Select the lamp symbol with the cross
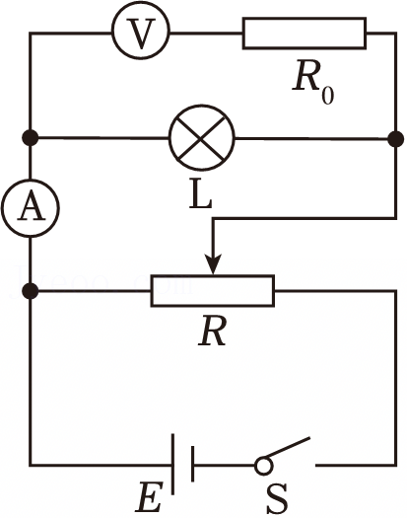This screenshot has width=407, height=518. [202, 138]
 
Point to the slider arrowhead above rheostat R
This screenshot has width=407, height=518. [213, 264]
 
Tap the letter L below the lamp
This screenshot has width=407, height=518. [200, 195]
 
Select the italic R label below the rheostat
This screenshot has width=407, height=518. [212, 331]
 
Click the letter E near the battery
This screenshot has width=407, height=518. [150, 497]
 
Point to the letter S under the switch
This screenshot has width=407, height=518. [277, 498]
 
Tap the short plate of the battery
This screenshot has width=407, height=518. [192, 464]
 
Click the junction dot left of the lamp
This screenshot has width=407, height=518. [30, 138]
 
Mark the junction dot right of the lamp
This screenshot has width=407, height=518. [395, 139]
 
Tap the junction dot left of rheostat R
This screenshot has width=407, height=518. [31, 291]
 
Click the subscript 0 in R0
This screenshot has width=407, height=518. [327, 96]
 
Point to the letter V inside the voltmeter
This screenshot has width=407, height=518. [142, 34]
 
